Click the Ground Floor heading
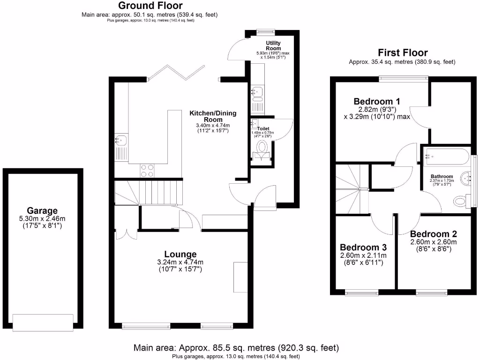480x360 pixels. click(149, 6)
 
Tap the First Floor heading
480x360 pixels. click(402, 52)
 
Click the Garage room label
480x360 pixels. click(42, 211)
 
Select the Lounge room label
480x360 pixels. click(180, 254)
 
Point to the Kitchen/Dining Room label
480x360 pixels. click(213, 116)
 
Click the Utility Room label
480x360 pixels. click(273, 45)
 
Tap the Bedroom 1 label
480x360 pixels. click(377, 101)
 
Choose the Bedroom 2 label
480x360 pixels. click(433, 234)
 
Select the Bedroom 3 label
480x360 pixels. click(363, 247)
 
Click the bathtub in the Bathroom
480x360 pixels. click(446, 157)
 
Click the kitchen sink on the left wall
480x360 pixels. click(121, 140)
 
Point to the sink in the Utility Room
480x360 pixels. click(257, 93)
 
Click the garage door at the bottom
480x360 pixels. click(43, 322)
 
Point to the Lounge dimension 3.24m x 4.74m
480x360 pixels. click(180, 262)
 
